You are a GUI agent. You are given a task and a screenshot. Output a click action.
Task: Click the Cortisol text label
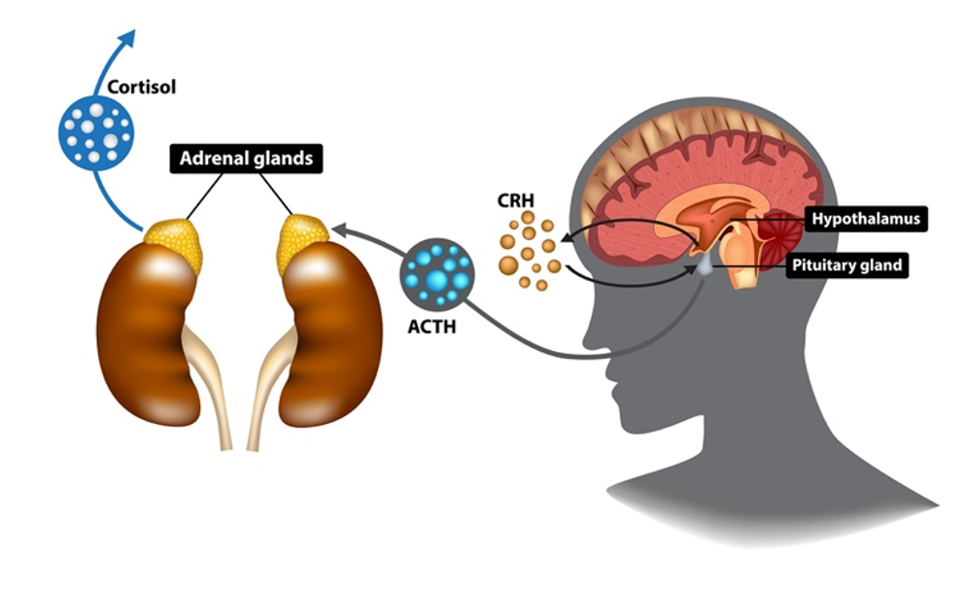point(142,88)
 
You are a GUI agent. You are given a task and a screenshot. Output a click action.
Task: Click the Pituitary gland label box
point(846,264)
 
